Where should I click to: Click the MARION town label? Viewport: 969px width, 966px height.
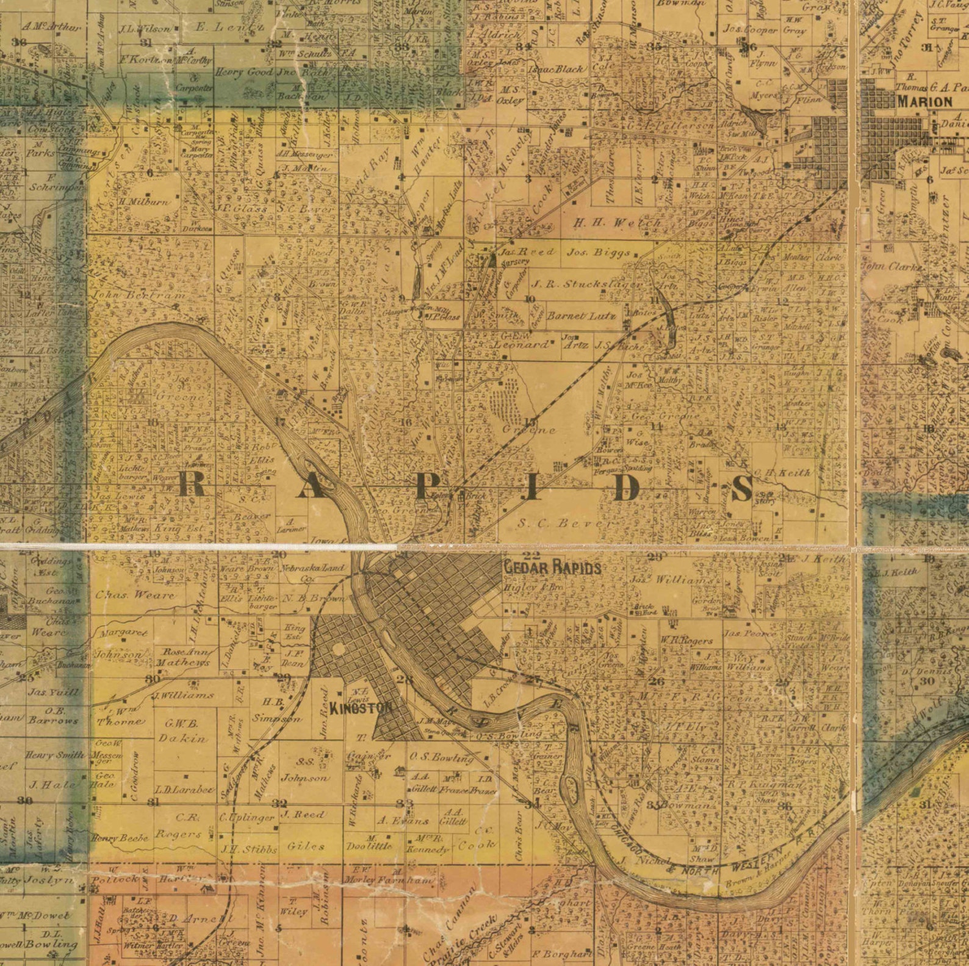(x=924, y=103)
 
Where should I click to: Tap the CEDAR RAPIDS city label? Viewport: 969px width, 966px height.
(x=552, y=568)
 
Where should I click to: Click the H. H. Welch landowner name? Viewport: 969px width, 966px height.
(x=616, y=223)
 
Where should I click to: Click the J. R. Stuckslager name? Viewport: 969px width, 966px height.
(x=587, y=284)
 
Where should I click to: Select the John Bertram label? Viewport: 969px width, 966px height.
(x=139, y=295)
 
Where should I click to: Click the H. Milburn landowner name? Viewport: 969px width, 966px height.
(x=143, y=201)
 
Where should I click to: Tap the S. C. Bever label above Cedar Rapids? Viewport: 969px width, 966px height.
(x=565, y=523)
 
